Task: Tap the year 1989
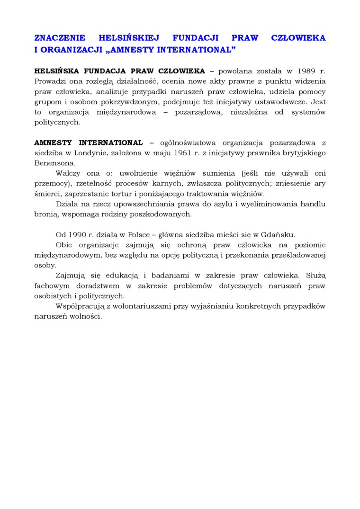point(308,71)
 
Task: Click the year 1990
point(77,234)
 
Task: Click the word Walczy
point(68,173)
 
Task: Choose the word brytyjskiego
point(302,152)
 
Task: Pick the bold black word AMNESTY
point(54,143)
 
